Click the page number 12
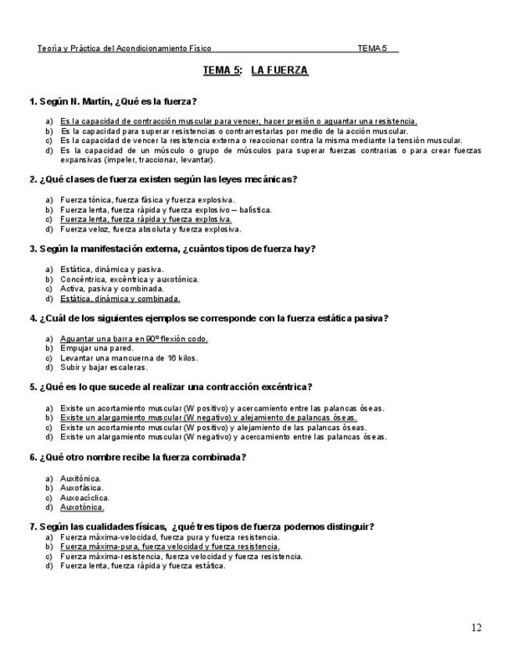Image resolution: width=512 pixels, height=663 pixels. tap(476, 627)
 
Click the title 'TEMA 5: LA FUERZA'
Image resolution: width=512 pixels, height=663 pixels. tap(256, 70)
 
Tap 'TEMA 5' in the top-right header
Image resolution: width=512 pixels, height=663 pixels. tap(373, 48)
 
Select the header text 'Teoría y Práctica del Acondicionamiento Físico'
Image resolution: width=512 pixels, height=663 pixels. tap(124, 48)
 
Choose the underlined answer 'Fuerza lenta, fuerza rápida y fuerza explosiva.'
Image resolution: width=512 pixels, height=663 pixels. tap(145, 220)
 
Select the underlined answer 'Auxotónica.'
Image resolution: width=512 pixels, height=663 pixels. tap(82, 507)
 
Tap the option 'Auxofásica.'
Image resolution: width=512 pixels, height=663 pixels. tap(81, 488)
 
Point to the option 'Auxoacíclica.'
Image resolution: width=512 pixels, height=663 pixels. tap(84, 497)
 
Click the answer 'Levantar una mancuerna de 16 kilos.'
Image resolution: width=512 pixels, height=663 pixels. tap(129, 357)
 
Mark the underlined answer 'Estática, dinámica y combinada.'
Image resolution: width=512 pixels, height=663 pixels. tap(120, 298)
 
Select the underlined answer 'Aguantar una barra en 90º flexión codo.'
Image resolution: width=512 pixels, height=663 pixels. tap(134, 339)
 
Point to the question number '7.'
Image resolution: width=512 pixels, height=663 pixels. tap(33, 527)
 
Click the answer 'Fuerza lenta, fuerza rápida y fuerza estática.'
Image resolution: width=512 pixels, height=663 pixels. tap(142, 566)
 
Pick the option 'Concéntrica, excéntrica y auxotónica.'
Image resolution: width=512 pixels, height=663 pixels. tap(130, 279)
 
